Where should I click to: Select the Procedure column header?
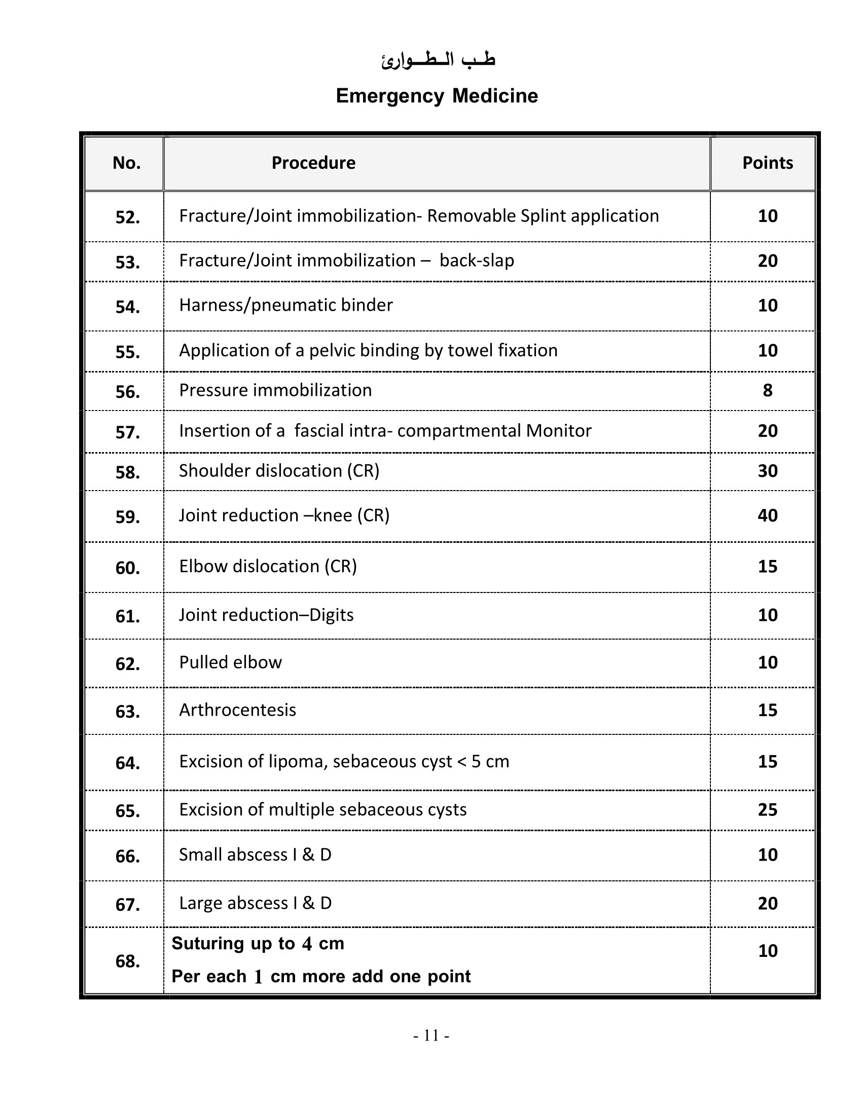point(313,163)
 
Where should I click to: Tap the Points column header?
point(767,163)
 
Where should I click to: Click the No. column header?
point(127,163)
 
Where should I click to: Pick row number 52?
point(128,217)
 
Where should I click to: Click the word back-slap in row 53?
point(477,261)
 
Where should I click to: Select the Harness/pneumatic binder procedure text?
point(285,305)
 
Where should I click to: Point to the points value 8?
point(767,391)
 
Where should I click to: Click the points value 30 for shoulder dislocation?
point(767,471)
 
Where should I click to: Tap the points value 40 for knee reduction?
point(767,515)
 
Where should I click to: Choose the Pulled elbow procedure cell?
point(230,662)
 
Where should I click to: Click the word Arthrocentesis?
point(237,710)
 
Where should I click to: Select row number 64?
point(128,763)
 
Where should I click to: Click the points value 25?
point(767,810)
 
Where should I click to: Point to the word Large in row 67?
point(200,903)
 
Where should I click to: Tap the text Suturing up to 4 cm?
point(258,944)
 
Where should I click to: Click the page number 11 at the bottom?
point(431,1035)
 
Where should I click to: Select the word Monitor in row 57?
point(559,431)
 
